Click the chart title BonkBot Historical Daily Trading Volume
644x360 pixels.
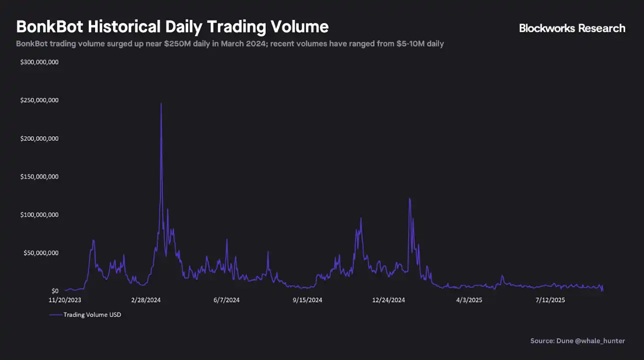[x=172, y=26]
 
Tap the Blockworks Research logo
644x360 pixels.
[x=572, y=28]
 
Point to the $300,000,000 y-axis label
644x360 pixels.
[x=39, y=62]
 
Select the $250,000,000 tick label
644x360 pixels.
[x=39, y=100]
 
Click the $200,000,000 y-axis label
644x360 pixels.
[x=39, y=138]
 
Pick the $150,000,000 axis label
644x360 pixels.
[x=39, y=177]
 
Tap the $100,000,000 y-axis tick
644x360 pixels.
[x=39, y=215]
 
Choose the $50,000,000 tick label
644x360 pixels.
[x=40, y=253]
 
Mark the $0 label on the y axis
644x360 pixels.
[x=55, y=291]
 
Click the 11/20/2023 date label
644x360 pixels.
[x=65, y=300]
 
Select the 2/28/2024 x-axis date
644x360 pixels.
[x=146, y=300]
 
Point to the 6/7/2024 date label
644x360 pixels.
[x=226, y=300]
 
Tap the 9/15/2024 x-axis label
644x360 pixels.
[x=307, y=300]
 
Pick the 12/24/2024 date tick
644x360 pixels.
[x=388, y=300]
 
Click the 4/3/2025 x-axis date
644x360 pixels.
[x=469, y=300]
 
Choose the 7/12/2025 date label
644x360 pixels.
[x=550, y=300]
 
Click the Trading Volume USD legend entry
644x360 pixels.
[x=92, y=315]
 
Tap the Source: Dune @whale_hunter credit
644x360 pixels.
[x=578, y=341]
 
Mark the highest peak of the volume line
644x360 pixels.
[x=161, y=103]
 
